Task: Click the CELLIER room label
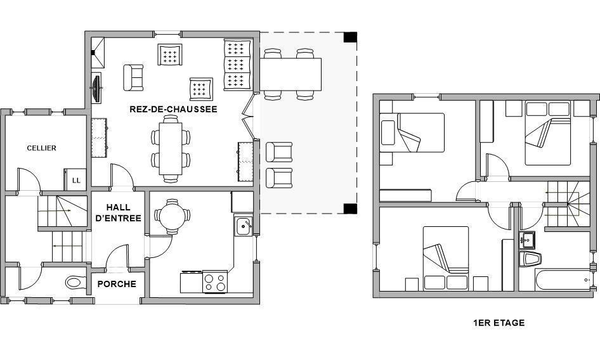[41, 148]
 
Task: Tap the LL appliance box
[75, 179]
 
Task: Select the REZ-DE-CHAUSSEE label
[173, 109]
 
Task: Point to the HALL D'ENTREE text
[118, 213]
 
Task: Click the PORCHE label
[117, 284]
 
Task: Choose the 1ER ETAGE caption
[499, 323]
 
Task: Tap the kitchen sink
[243, 226]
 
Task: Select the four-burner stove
[215, 282]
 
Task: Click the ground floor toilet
[75, 283]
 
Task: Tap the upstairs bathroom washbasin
[527, 240]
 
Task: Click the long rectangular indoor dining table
[171, 149]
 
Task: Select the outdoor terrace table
[290, 74]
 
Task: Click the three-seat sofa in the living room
[237, 65]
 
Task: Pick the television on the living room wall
[96, 88]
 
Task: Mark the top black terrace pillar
[350, 37]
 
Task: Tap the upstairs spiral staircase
[568, 204]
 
